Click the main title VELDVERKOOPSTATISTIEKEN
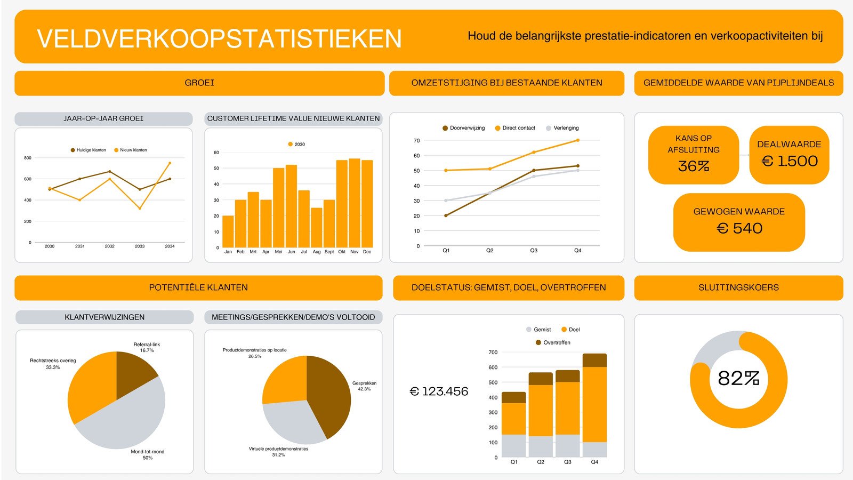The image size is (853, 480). (219, 39)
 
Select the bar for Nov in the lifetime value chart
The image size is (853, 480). (355, 203)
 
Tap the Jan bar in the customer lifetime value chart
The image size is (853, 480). (228, 231)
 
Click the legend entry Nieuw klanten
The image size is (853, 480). (133, 150)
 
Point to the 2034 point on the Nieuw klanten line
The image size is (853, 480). (170, 163)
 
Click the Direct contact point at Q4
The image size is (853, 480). (577, 140)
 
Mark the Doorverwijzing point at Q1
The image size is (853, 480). (446, 215)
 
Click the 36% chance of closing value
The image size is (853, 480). (693, 166)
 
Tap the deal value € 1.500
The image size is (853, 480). (789, 161)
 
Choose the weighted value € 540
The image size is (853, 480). (739, 228)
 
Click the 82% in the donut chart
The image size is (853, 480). (738, 379)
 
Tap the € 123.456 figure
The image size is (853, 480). (439, 391)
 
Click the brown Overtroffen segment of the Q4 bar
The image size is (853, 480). (594, 360)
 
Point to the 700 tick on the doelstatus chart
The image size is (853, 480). (493, 353)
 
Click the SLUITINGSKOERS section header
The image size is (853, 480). (738, 287)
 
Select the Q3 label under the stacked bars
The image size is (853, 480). (567, 462)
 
